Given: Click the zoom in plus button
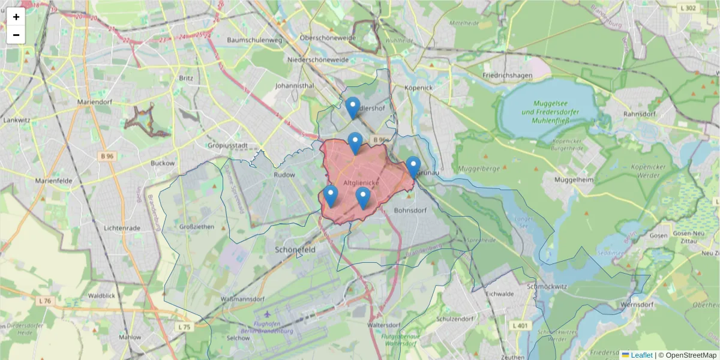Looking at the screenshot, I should [16, 17].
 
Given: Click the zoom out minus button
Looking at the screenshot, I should [16, 35].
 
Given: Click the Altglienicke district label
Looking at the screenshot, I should [361, 181].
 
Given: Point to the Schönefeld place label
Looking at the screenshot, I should [295, 248].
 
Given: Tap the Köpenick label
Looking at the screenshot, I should [418, 88].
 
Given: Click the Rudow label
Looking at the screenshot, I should [284, 175].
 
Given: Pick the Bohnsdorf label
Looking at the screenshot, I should [410, 211].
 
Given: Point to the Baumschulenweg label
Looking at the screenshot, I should [254, 40].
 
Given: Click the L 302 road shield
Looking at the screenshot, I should [689, 8].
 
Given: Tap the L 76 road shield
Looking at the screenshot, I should [44, 301].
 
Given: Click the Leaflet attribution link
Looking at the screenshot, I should [641, 355].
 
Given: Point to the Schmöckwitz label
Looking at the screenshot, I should [547, 286].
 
